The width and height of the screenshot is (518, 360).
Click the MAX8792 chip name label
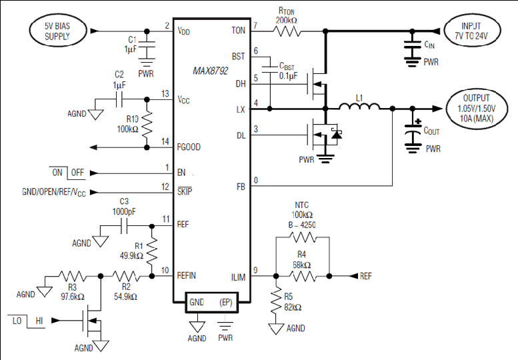(211, 71)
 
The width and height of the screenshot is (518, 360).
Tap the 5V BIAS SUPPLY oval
(58, 31)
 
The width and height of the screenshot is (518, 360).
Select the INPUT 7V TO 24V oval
(472, 31)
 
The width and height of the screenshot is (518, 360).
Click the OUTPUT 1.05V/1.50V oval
(477, 108)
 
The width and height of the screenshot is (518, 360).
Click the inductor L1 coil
(359, 106)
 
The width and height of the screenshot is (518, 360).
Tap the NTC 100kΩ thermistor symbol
(303, 237)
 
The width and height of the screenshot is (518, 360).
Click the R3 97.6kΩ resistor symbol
(73, 276)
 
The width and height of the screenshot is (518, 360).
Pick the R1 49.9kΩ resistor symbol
(151, 252)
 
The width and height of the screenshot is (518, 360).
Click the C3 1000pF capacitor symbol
(124, 226)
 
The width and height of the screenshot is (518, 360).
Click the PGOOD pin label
(189, 147)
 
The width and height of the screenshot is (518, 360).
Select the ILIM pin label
(238, 277)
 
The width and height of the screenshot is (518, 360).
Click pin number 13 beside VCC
(165, 94)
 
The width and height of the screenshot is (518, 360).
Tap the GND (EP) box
(211, 302)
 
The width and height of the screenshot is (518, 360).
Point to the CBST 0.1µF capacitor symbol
(270, 69)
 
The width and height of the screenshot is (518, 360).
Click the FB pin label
(241, 187)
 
